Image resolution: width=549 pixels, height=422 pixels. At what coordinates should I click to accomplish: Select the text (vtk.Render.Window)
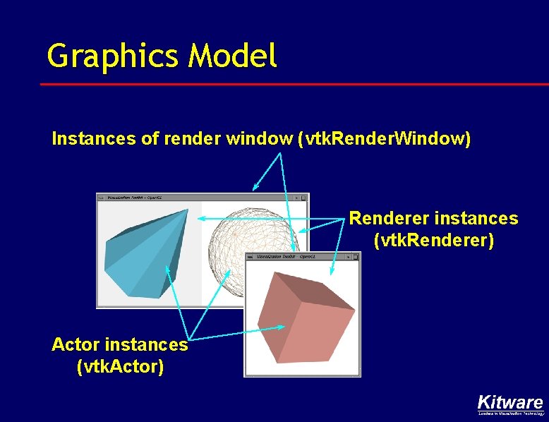pos(384,138)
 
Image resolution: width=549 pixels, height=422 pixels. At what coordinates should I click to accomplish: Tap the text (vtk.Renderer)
pos(433,240)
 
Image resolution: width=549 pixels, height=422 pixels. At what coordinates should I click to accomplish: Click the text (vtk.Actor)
pos(119,366)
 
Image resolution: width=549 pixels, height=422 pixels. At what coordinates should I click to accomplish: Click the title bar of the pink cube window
pos(302,257)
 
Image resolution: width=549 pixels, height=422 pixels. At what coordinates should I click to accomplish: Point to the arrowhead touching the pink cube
pos(282,327)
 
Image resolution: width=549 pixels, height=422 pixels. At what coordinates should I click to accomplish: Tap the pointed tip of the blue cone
pos(186,210)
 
